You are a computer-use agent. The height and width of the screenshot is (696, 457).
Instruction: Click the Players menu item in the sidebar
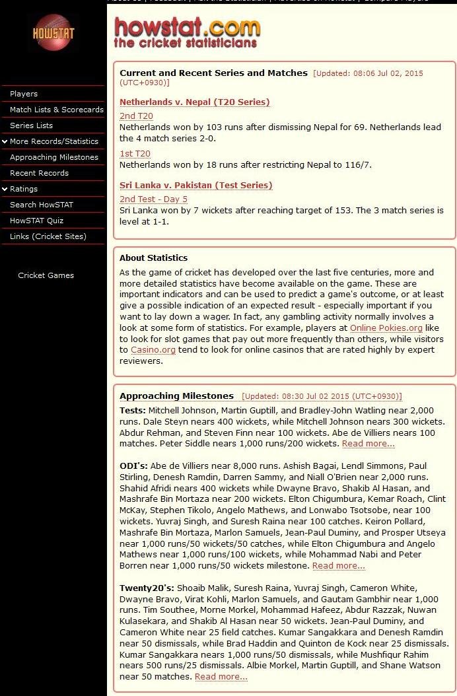tap(24, 94)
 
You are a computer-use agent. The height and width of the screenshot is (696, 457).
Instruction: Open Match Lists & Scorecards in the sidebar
tap(56, 110)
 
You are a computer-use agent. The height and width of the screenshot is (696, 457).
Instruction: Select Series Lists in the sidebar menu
tap(31, 125)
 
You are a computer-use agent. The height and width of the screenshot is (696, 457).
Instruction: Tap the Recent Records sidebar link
tap(39, 173)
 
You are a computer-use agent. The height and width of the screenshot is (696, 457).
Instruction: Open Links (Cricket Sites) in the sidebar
tap(48, 236)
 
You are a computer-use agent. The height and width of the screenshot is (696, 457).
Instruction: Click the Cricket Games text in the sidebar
tap(46, 275)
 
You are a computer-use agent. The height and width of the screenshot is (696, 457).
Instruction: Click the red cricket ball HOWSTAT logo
tap(53, 32)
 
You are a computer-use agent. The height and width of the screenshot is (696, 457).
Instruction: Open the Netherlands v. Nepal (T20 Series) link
tap(194, 102)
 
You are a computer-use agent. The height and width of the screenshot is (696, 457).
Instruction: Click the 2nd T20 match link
tap(136, 116)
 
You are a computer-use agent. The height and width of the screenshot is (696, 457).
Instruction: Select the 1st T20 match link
tap(135, 154)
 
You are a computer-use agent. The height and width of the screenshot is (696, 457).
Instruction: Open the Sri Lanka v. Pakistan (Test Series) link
tap(195, 186)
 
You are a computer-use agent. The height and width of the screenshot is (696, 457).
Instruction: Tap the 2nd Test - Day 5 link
tap(153, 199)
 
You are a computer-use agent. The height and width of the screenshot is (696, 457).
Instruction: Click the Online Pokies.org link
tap(386, 328)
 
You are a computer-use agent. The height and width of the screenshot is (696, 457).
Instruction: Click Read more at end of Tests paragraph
tap(368, 444)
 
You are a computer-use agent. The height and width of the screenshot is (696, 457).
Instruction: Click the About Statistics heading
tap(153, 258)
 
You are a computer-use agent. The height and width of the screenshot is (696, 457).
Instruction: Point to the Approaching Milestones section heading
tap(176, 396)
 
